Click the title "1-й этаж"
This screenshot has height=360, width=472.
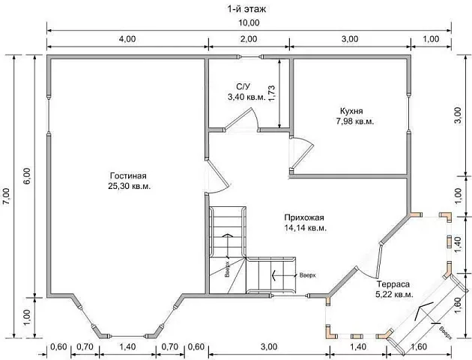246,9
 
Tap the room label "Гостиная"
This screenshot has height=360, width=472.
129,175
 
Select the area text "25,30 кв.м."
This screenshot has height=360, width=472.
130,186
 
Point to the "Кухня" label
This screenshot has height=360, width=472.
351,111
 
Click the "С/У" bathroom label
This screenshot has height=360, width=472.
243,87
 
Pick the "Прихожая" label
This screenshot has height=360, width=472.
304,217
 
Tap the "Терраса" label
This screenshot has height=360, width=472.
393,284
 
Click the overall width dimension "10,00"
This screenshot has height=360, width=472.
249,23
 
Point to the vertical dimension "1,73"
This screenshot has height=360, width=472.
271,94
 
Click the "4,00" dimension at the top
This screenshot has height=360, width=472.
127,39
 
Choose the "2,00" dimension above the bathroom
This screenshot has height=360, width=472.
249,39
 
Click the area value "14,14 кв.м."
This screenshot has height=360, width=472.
306,228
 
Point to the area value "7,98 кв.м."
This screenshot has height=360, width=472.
355,121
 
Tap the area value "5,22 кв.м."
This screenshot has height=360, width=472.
394,295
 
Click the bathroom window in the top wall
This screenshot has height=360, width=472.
250,56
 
